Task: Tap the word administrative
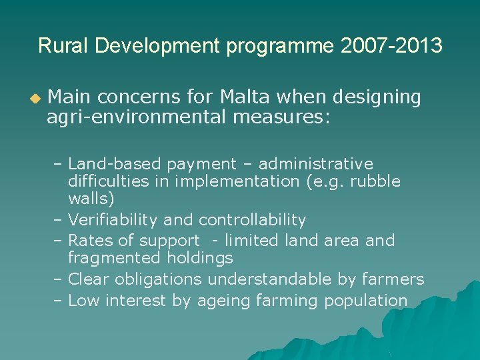click(316, 164)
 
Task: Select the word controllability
click(253, 220)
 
